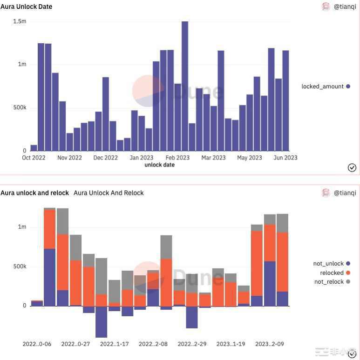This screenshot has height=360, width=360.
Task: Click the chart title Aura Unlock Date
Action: pos(27,7)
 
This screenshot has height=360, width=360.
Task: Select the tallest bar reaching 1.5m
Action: pos(185,86)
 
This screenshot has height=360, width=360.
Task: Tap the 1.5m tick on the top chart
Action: pos(20,21)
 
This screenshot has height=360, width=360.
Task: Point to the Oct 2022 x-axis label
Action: pos(34,158)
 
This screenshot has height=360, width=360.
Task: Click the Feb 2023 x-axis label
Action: pos(177,158)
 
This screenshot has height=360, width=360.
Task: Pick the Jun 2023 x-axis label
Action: pos(285,158)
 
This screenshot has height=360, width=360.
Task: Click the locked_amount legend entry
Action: pos(322,86)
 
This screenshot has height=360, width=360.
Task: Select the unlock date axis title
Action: pos(159,165)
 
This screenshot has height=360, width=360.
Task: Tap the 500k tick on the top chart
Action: pos(20,107)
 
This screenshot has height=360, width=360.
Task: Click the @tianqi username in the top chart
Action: pos(345,7)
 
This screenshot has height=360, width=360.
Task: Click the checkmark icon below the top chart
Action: pos(352,167)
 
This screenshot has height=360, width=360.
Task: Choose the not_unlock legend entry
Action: pos(328,264)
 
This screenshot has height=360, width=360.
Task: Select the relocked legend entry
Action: pos(332,273)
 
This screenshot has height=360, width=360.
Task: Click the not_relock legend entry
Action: pos(329,281)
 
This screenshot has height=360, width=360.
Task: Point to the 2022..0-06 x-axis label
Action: pos(37,344)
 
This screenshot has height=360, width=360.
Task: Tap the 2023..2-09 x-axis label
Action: pos(270,344)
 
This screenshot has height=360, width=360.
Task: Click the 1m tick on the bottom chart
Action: pos(22,227)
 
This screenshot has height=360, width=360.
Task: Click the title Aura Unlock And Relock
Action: pos(109,193)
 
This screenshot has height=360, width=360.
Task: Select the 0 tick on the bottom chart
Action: pos(24,306)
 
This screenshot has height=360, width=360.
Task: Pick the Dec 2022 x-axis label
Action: pos(105,158)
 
